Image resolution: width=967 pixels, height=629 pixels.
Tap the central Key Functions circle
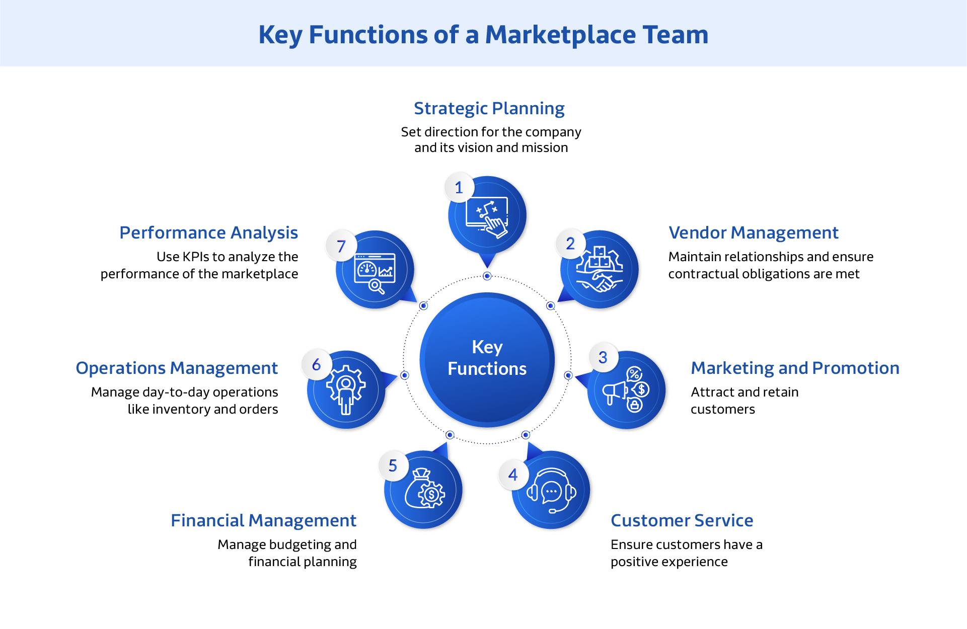(487, 359)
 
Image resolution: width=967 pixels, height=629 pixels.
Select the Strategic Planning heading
(489, 108)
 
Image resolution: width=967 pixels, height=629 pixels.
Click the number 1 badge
(459, 188)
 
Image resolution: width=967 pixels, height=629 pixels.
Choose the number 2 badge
(570, 244)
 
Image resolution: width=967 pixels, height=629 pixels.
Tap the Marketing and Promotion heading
(794, 368)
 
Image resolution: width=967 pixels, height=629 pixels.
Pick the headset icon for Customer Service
(551, 491)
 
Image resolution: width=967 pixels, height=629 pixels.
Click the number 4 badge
(513, 475)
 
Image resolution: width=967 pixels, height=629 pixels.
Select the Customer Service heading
(682, 520)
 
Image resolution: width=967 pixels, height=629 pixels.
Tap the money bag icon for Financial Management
(424, 490)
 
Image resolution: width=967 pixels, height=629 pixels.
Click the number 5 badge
(393, 466)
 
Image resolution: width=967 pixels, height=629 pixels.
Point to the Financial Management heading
(263, 520)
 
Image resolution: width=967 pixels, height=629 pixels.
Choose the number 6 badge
(316, 365)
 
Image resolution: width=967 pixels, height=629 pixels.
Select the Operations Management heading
(176, 368)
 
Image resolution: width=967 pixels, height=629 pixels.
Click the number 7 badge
(341, 246)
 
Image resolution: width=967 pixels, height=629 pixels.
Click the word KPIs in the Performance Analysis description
(196, 257)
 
